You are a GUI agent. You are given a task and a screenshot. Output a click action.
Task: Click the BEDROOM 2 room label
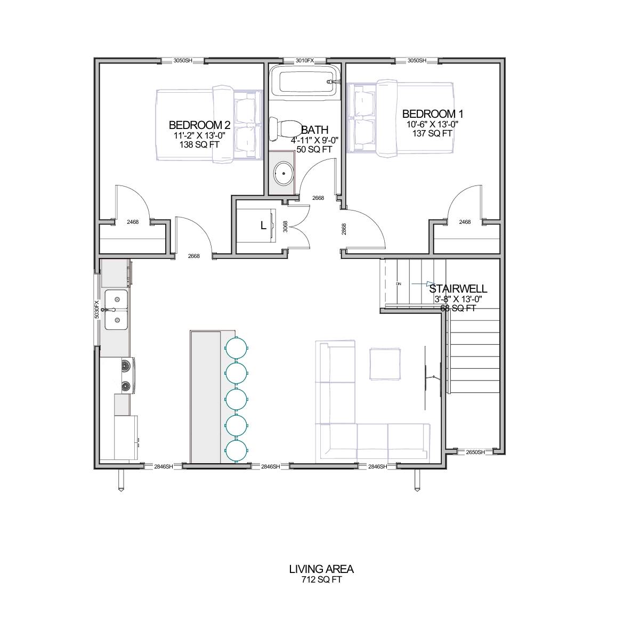click(199, 125)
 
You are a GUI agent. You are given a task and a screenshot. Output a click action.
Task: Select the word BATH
click(314, 130)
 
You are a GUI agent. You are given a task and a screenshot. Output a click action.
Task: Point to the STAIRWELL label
click(458, 289)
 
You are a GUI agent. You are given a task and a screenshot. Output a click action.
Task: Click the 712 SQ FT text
click(321, 580)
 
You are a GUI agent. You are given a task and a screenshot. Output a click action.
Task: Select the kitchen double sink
click(116, 310)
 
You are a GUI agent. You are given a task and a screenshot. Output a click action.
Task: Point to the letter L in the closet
click(263, 225)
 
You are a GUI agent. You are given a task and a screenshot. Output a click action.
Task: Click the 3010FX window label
click(305, 61)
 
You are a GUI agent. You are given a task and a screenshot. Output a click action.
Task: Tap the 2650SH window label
click(475, 452)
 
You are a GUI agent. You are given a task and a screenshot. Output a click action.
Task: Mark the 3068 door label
click(286, 227)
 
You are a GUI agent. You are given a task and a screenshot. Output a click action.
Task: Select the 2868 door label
click(344, 229)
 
